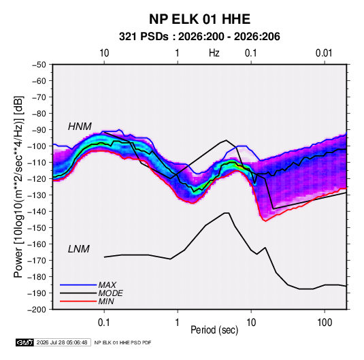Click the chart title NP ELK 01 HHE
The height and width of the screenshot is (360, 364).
pyautogui.click(x=199, y=19)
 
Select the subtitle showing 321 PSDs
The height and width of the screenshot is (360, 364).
pyautogui.click(x=199, y=37)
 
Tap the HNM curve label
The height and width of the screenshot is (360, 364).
pyautogui.click(x=80, y=127)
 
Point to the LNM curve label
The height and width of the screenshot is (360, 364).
pyautogui.click(x=79, y=249)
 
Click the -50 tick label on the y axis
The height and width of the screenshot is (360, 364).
pyautogui.click(x=39, y=65)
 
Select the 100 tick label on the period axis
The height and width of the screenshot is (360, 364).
pyautogui.click(x=325, y=323)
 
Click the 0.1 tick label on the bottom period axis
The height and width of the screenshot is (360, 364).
pyautogui.click(x=104, y=323)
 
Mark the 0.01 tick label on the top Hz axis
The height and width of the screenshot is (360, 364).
pyautogui.click(x=324, y=53)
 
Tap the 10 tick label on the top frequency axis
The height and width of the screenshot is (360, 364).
pyautogui.click(x=104, y=53)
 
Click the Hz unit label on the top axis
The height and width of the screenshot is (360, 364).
pyautogui.click(x=214, y=53)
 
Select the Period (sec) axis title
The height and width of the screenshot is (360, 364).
pyautogui.click(x=214, y=330)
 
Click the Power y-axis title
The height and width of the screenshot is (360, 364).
pyautogui.click(x=18, y=187)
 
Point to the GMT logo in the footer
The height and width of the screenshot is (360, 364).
pyautogui.click(x=25, y=342)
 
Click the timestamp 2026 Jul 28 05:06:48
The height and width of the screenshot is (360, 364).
pyautogui.click(x=62, y=342)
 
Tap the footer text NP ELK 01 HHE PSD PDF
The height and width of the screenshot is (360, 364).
pyautogui.click(x=122, y=342)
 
